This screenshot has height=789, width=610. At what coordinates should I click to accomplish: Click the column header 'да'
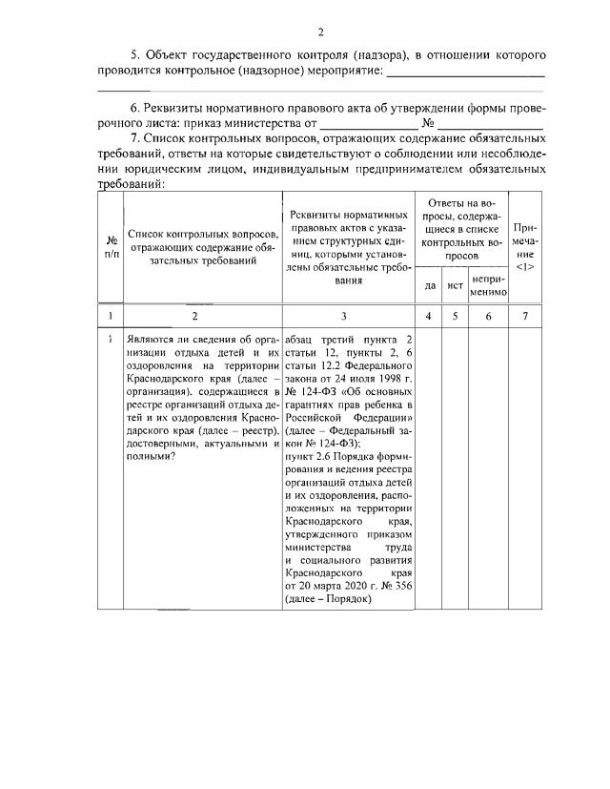tap(429, 283)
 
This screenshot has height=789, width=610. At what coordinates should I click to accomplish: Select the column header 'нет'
tap(456, 283)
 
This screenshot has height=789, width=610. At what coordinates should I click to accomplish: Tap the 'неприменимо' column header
tap(487, 283)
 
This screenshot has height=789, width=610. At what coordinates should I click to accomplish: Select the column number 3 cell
tap(344, 315)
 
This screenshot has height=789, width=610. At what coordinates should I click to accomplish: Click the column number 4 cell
tap(429, 315)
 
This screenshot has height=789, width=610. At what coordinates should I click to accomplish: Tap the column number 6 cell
tap(487, 315)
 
